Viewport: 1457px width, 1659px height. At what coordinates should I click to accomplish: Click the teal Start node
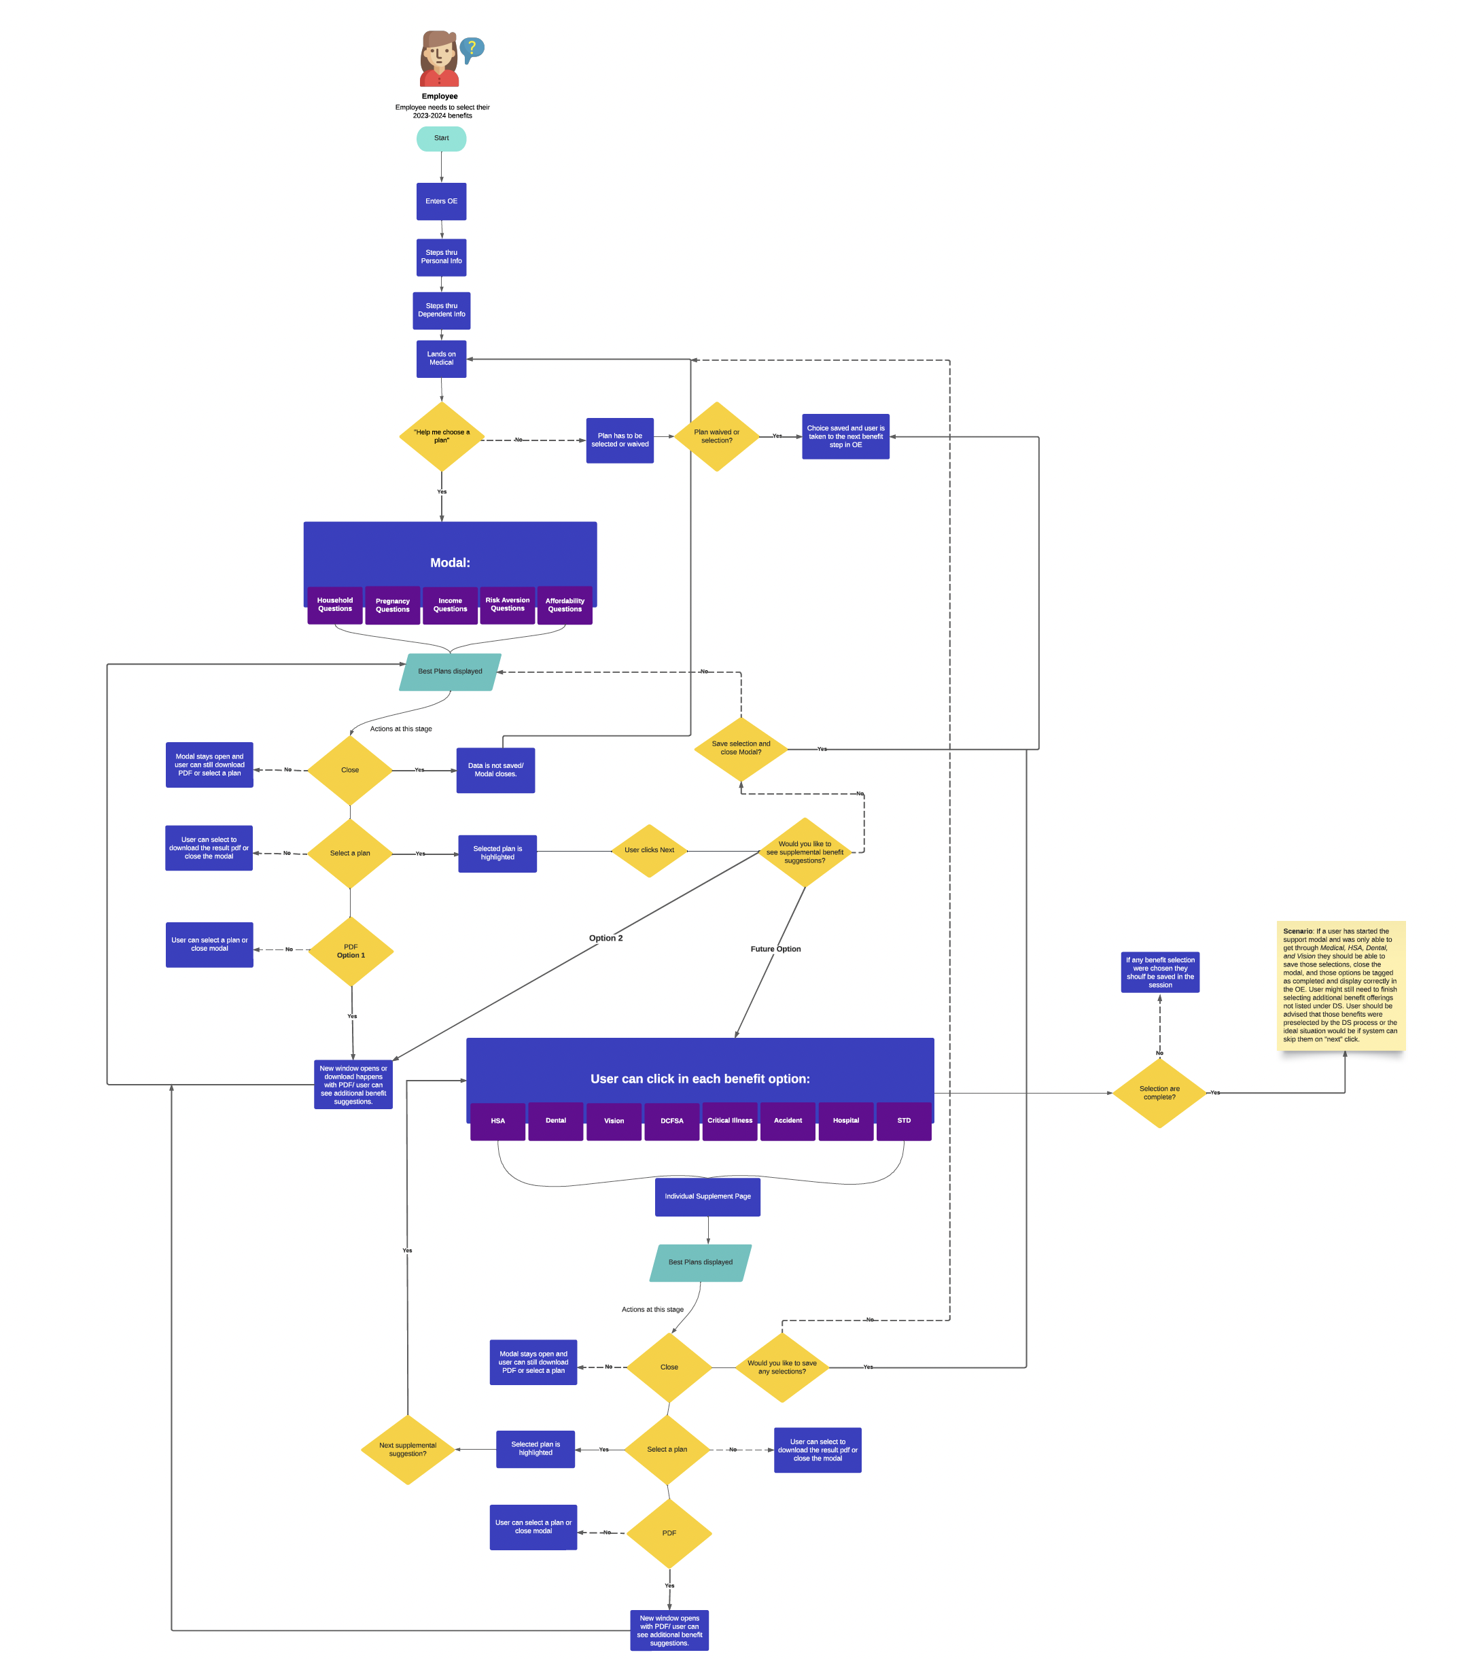(441, 139)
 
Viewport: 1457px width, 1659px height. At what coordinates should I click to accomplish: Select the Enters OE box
(441, 201)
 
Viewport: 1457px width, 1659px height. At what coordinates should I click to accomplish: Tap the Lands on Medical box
(441, 358)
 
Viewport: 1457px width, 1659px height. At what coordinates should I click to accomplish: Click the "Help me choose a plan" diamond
(441, 436)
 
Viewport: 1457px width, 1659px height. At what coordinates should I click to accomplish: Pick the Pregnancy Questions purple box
(392, 606)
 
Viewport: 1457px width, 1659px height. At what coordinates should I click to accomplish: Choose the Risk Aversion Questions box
(508, 605)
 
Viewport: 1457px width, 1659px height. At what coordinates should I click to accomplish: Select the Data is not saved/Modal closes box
(495, 770)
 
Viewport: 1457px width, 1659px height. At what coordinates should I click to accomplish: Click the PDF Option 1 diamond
(351, 951)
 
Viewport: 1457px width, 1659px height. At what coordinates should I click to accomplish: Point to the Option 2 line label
(605, 939)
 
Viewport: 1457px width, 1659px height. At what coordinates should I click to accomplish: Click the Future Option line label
(775, 949)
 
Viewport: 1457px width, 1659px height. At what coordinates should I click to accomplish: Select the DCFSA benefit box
(671, 1121)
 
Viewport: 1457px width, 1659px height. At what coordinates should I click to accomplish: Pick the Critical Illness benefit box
(729, 1121)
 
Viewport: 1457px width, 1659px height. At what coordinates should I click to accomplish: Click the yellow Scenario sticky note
(1339, 985)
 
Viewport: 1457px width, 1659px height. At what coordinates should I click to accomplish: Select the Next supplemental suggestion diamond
(408, 1450)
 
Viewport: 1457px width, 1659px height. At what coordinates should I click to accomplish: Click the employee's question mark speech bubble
(472, 49)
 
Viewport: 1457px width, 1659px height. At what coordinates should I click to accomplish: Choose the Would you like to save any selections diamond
(781, 1367)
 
